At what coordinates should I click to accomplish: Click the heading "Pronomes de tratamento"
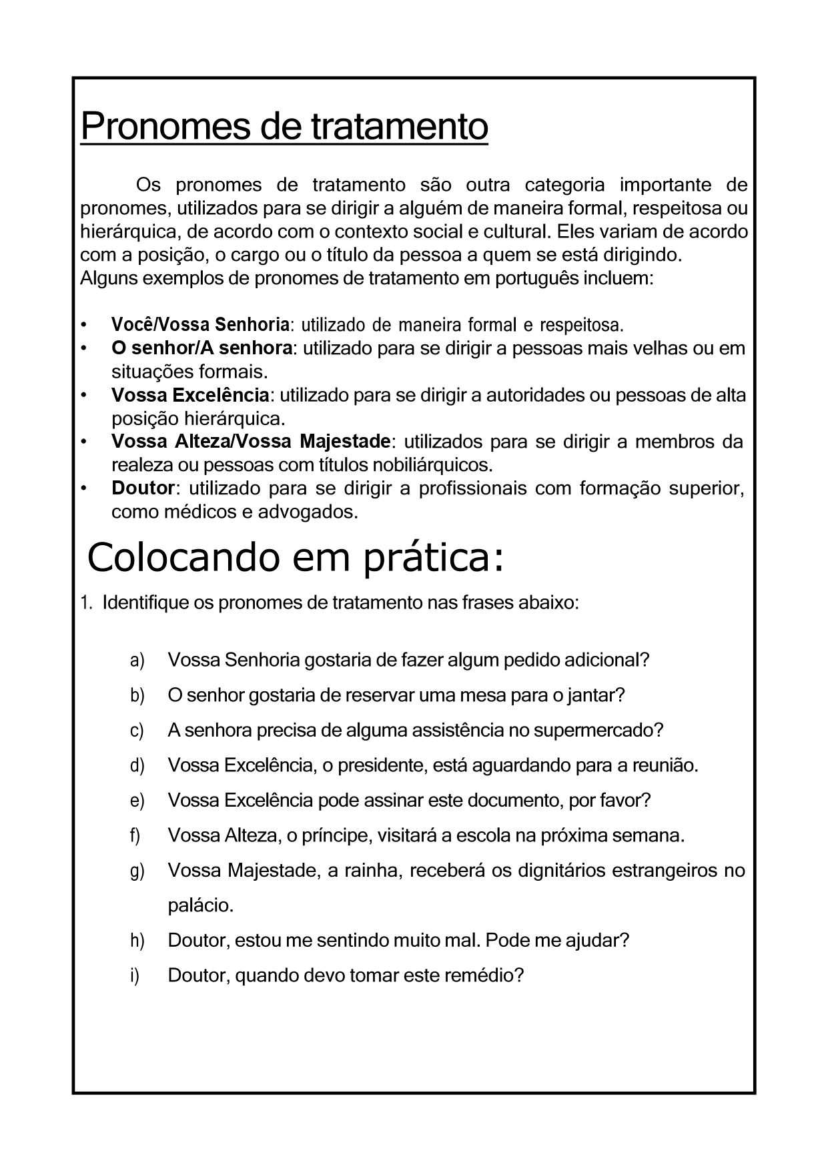click(x=284, y=126)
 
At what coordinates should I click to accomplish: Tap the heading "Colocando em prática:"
click(x=296, y=558)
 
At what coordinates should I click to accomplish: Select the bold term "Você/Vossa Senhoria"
click(x=200, y=325)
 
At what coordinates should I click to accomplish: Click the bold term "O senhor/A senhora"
click(x=201, y=348)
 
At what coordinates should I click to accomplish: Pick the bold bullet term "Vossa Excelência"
click(x=190, y=395)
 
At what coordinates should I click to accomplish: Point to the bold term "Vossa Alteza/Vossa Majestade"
click(x=251, y=441)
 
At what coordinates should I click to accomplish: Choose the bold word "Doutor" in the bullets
click(x=143, y=488)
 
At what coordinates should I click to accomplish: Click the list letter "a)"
click(x=137, y=660)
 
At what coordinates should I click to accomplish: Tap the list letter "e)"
click(x=137, y=800)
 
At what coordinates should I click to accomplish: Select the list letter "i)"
click(x=135, y=975)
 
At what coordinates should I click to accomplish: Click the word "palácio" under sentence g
click(x=200, y=906)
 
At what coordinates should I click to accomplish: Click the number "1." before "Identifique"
click(x=86, y=603)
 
